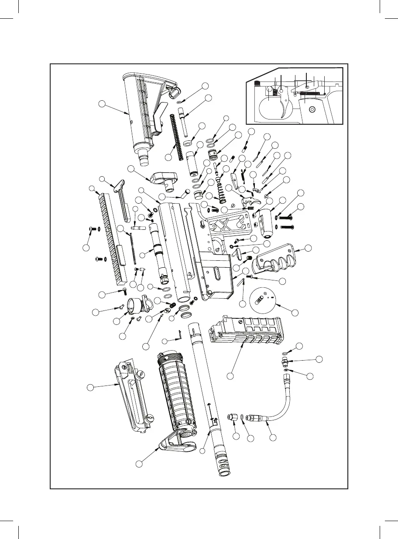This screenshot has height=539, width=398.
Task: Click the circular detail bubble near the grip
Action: tap(264, 301)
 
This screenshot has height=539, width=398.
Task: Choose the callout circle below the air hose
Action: tap(273, 437)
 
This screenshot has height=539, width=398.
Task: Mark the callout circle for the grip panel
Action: tap(308, 248)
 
